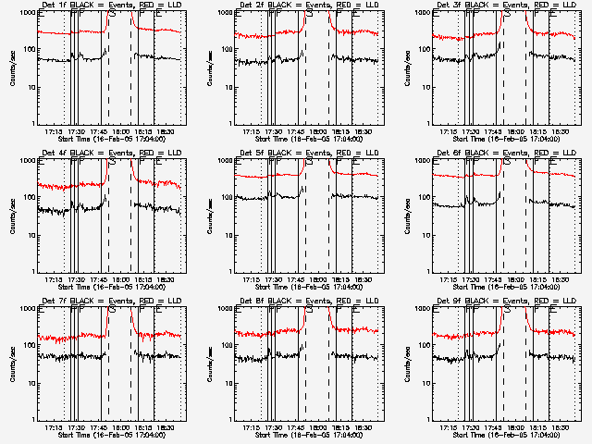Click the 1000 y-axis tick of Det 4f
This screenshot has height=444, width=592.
click(x=27, y=162)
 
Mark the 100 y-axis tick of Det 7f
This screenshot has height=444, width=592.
click(x=29, y=346)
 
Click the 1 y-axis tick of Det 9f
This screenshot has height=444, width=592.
click(x=426, y=419)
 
